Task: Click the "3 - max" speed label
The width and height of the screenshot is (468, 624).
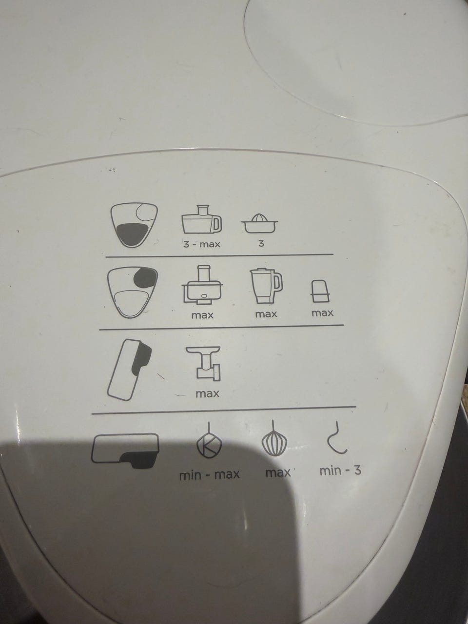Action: (201, 244)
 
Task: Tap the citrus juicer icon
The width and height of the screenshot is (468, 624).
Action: (259, 223)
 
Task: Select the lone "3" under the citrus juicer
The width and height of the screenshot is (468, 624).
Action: (261, 243)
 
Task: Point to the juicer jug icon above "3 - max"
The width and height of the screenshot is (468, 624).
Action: (201, 220)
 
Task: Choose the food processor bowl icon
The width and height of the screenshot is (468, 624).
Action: (202, 285)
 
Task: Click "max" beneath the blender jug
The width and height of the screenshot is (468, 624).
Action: (266, 314)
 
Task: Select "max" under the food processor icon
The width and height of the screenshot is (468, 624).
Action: (202, 315)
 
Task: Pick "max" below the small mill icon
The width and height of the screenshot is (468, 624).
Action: (322, 313)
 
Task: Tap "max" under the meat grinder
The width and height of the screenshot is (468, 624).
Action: (208, 394)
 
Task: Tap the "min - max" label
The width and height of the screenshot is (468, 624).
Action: (210, 475)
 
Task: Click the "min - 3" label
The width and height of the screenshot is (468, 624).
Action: (340, 471)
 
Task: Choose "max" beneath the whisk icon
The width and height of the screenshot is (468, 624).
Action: (278, 473)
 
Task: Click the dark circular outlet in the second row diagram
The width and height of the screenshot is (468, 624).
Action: (145, 277)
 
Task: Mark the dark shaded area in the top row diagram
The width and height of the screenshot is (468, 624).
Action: (133, 233)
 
